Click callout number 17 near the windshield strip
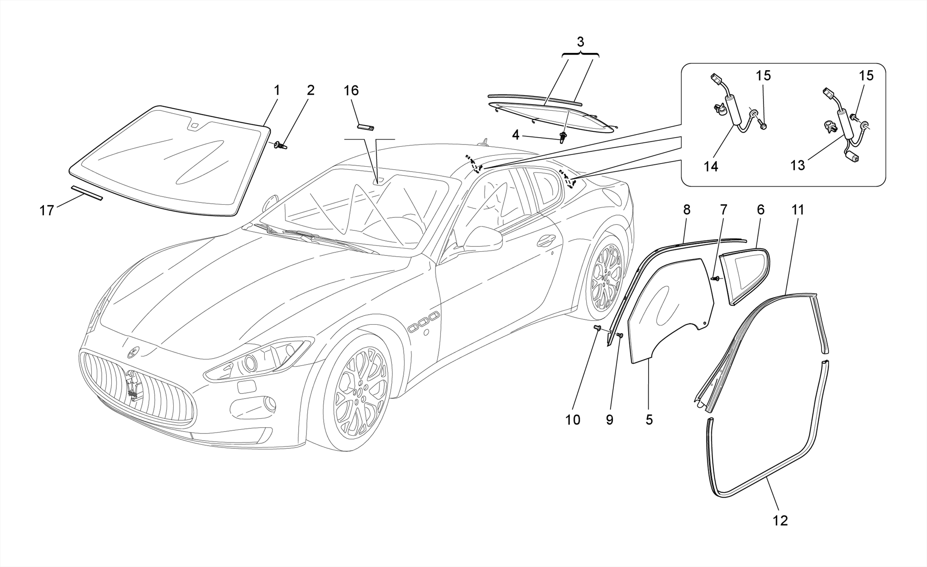pyautogui.click(x=47, y=211)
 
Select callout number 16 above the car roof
pyautogui.click(x=351, y=91)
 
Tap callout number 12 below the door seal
pyautogui.click(x=780, y=521)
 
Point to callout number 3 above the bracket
pyautogui.click(x=580, y=42)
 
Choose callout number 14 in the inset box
pyautogui.click(x=711, y=167)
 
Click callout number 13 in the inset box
pyautogui.click(x=798, y=165)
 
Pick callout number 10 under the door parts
pyautogui.click(x=573, y=420)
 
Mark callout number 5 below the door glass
pyautogui.click(x=649, y=420)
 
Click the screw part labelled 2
pyautogui.click(x=281, y=145)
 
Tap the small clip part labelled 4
pyautogui.click(x=563, y=137)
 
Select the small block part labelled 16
pyautogui.click(x=365, y=127)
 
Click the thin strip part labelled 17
pyautogui.click(x=87, y=192)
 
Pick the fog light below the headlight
pyautogui.click(x=270, y=403)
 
